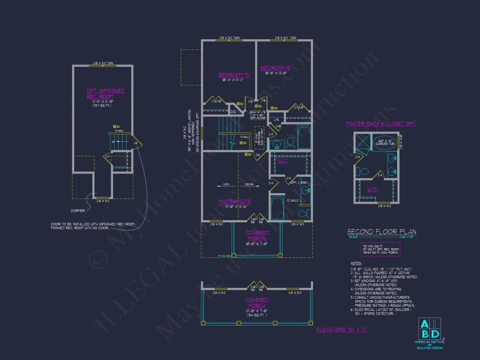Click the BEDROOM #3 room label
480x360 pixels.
(x=233, y=75)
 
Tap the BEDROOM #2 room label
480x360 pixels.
(x=275, y=68)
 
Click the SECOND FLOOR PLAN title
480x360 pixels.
(x=381, y=232)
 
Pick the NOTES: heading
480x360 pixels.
(x=356, y=264)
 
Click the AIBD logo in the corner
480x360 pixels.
(x=429, y=329)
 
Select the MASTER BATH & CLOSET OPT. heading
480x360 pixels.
(x=381, y=124)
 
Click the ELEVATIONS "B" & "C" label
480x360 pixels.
(x=342, y=329)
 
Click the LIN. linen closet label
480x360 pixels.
(x=277, y=119)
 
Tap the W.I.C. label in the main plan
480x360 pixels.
(x=282, y=161)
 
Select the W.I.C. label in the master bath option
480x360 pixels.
(x=373, y=190)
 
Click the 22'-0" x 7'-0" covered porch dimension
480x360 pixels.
(x=257, y=309)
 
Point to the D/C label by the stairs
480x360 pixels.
(x=233, y=112)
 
